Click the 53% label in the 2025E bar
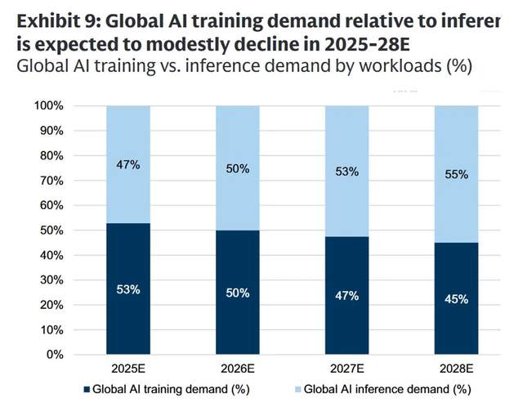(x=127, y=289)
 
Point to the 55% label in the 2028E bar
(x=456, y=174)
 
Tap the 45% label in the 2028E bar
(x=456, y=299)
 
